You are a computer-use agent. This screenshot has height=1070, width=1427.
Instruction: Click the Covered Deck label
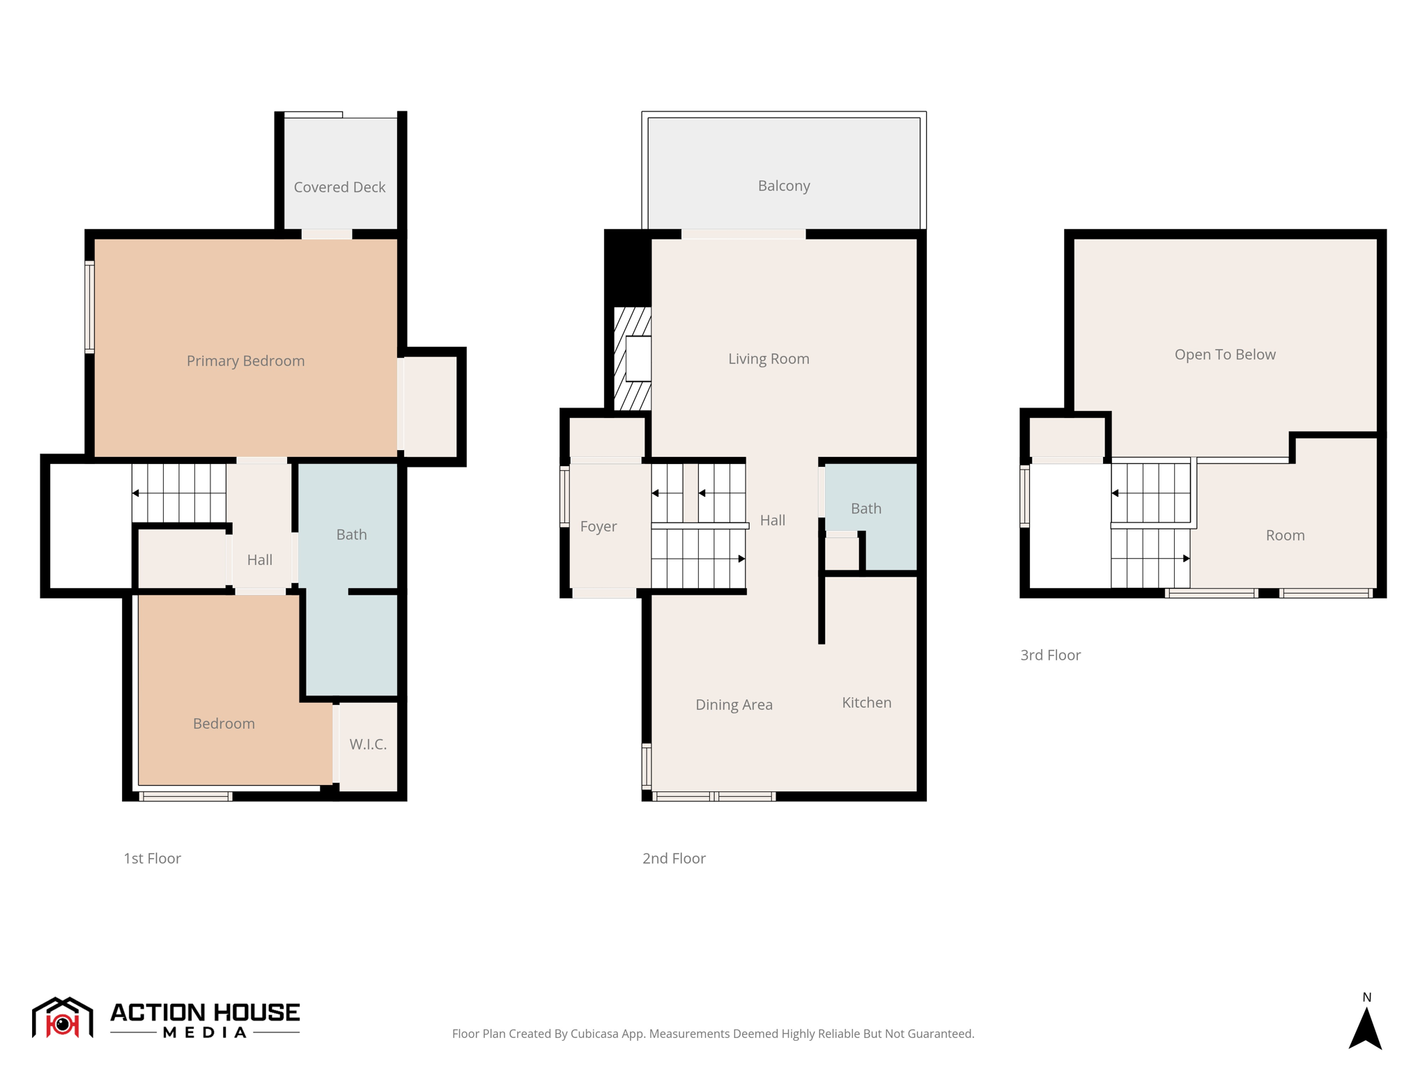339,187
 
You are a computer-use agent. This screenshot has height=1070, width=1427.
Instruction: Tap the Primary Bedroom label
245,361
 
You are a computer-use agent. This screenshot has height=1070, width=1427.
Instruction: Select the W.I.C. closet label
368,744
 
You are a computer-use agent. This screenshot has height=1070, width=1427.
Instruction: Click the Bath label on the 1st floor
351,534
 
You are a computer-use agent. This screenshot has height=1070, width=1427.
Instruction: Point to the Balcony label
784,185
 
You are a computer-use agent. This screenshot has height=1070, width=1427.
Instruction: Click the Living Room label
769,359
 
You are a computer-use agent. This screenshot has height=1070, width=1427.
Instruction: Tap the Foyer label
599,526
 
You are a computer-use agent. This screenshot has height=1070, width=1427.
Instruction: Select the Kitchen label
866,702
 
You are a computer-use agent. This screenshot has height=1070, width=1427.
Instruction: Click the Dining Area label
734,704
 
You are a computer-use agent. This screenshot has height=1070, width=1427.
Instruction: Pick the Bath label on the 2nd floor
866,509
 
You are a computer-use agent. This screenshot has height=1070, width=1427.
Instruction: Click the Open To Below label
1225,355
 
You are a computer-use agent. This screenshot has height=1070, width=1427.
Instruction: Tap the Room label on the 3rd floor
1285,535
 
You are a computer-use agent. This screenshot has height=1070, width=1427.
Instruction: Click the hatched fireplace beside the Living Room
631,359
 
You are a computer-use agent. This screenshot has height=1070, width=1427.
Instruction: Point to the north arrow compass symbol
1365,1028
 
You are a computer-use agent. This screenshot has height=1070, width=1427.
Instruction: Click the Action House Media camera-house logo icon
62,1018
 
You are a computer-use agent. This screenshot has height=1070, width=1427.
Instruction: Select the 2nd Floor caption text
674,858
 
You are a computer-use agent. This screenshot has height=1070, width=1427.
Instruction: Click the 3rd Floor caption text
1050,655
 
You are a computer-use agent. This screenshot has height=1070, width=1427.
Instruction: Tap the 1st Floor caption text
152,858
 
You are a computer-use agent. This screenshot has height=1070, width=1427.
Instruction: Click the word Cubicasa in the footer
596,1034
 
